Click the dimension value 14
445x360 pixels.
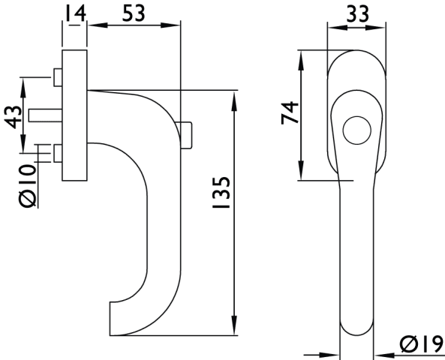tap(75, 13)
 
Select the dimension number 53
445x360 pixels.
tap(134, 13)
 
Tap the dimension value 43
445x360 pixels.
tap(13, 117)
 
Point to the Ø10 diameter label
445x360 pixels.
tap(28, 185)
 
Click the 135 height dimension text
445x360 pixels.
tap(221, 192)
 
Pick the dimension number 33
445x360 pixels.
tap(358, 13)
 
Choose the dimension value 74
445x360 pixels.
tap(290, 112)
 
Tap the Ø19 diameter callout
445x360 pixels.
tap(421, 344)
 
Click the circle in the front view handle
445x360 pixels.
tap(356, 130)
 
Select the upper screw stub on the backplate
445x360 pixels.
tap(58, 77)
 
